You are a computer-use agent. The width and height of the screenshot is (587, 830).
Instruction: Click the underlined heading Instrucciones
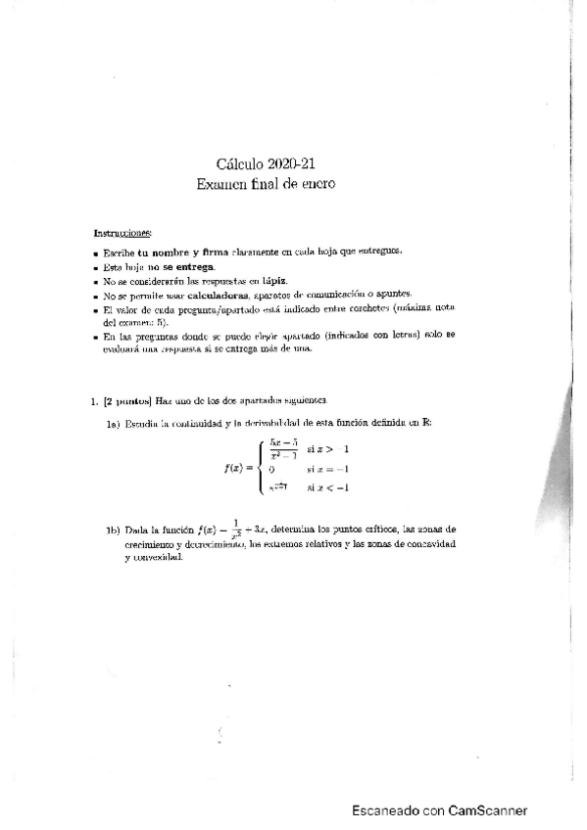click(122, 233)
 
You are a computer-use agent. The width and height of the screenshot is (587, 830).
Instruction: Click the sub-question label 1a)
click(114, 423)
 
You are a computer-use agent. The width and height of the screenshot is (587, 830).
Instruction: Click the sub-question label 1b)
click(114, 530)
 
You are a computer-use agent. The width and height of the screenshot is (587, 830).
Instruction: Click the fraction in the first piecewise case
click(283, 449)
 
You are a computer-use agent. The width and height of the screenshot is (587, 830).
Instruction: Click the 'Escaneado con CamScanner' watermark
click(440, 810)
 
